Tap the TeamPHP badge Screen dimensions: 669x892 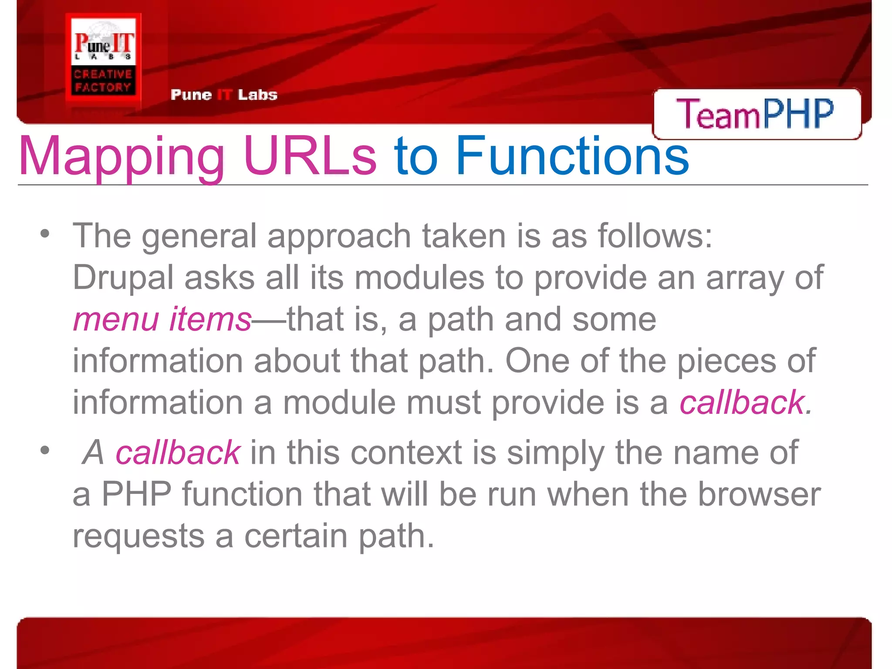[756, 114]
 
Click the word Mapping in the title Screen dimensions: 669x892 [121, 156]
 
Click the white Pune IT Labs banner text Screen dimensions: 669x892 [224, 95]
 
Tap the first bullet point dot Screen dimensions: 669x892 [45, 234]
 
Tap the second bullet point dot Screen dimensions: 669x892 [45, 450]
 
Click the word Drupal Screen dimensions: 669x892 [123, 278]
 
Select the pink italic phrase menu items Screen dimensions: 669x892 [162, 319]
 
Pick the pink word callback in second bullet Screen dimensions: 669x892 [178, 453]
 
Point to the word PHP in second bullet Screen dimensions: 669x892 [136, 494]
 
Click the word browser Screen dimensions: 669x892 [759, 494]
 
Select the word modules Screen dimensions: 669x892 [419, 278]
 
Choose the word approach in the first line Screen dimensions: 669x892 [339, 237]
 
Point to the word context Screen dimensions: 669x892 [406, 453]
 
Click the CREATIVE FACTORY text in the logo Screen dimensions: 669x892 [103, 81]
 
